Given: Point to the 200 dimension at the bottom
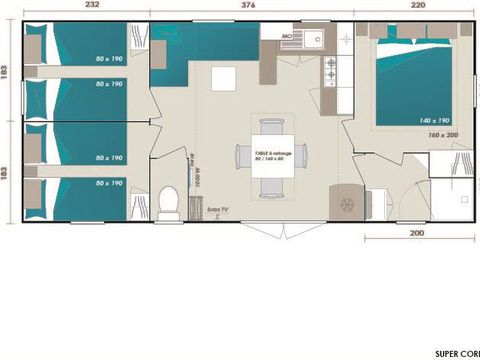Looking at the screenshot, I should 418,232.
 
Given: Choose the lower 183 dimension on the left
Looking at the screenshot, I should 6,172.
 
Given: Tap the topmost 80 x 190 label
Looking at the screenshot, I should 109,59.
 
